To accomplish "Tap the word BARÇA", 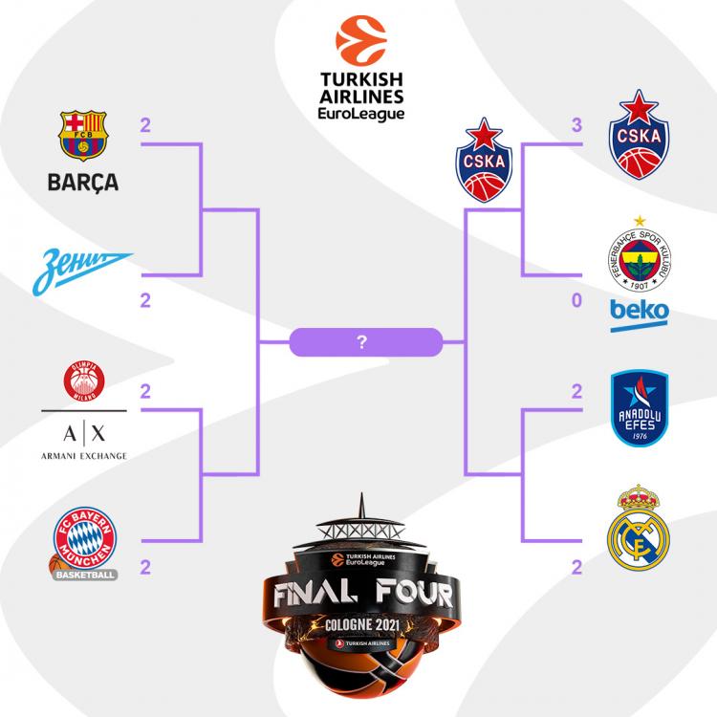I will tap(83, 182).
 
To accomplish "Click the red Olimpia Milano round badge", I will tap(84, 381).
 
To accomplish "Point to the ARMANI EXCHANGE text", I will tap(84, 455).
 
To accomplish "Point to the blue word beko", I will tap(640, 314).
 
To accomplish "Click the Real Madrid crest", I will tap(639, 525).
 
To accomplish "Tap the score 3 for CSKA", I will tap(576, 125).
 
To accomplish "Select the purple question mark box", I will tap(363, 341).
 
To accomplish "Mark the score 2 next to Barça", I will tap(145, 125).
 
